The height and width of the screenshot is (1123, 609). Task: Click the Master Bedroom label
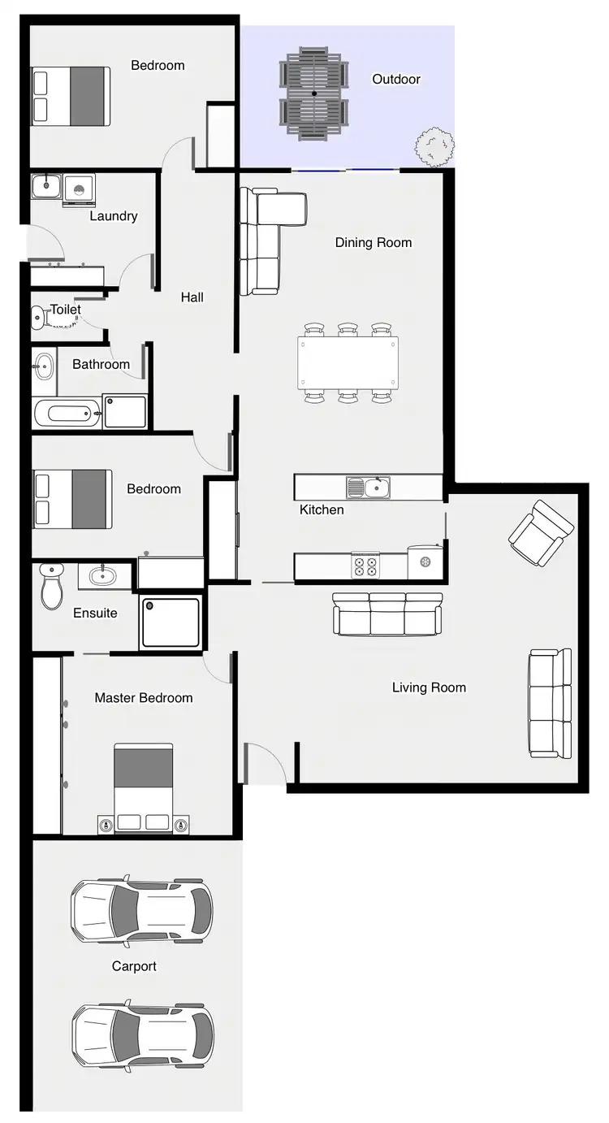[144, 698]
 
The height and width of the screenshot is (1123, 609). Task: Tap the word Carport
[134, 966]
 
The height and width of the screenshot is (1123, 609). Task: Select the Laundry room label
[113, 216]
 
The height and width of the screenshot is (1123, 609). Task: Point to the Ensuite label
[95, 613]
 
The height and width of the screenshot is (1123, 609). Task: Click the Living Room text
[429, 687]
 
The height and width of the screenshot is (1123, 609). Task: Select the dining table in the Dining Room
[348, 362]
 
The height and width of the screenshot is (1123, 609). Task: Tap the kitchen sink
[369, 488]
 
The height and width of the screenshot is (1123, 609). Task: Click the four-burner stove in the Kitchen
[365, 565]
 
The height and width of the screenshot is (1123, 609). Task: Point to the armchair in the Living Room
[540, 532]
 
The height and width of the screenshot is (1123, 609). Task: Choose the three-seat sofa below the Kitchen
[388, 614]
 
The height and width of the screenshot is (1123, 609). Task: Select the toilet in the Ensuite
[52, 586]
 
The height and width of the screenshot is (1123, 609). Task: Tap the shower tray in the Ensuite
[171, 622]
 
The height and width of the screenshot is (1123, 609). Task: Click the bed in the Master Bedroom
[144, 787]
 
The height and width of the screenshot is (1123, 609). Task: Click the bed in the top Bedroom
[71, 96]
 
